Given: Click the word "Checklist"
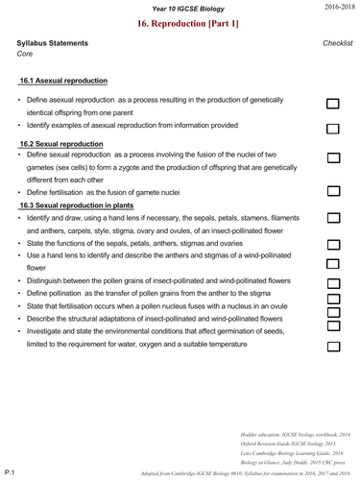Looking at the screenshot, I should (337, 43).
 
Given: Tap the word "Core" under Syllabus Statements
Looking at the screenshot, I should (26, 55).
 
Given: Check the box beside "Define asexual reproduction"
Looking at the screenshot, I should (334, 105).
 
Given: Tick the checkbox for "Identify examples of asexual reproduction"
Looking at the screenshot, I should (334, 128).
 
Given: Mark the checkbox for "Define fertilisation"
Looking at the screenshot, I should (334, 191).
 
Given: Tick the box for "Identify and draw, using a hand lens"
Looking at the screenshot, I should (334, 219).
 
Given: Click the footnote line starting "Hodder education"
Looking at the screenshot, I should (289, 434).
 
